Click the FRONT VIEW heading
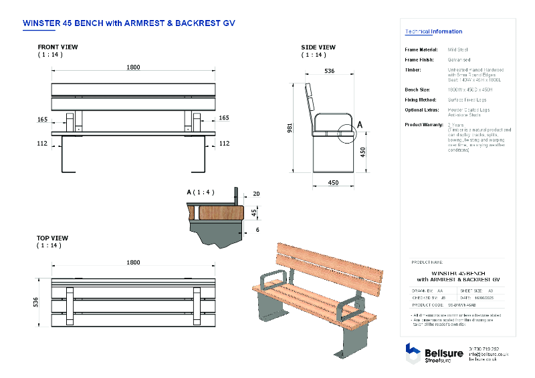click(x=58, y=47)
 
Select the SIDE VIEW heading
click(x=318, y=47)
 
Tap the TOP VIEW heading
click(x=52, y=238)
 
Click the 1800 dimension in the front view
click(x=133, y=67)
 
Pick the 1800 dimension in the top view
click(x=133, y=263)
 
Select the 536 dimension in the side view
click(x=329, y=70)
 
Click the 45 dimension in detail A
click(x=253, y=212)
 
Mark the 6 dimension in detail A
click(x=257, y=230)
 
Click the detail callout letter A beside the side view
click(x=360, y=124)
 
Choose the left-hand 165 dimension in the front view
click(x=43, y=118)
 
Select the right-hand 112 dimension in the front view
click(x=224, y=143)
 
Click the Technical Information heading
click(x=433, y=31)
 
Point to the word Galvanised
click(x=459, y=59)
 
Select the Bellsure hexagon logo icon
click(x=413, y=352)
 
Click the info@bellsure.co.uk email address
click(x=489, y=354)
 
